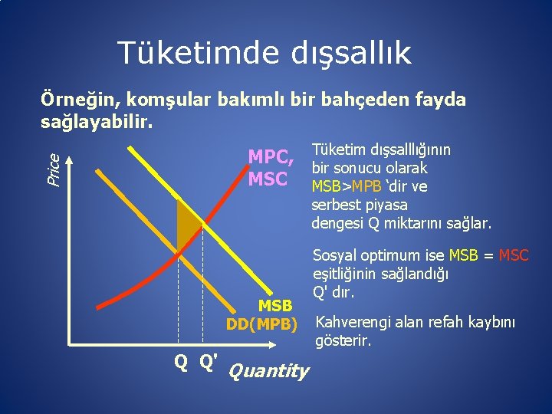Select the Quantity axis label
[x=268, y=371]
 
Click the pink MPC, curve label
[x=271, y=156]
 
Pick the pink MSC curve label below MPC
[x=268, y=179]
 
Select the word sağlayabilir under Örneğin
[x=96, y=122]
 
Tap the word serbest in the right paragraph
[x=337, y=205]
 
